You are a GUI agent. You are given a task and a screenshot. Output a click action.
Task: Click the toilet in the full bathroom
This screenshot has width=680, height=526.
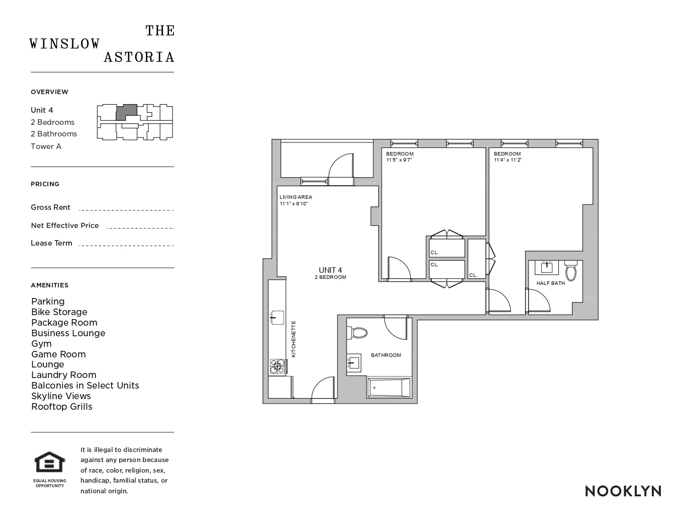tap(359, 332)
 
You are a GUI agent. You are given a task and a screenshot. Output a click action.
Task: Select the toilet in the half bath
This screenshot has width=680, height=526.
tap(571, 271)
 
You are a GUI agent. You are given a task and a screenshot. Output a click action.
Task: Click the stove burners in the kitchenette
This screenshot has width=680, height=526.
tap(277, 366)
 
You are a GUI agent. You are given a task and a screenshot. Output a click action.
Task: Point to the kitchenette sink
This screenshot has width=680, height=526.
tap(277, 318)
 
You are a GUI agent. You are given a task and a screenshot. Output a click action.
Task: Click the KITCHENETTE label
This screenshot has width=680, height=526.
tap(294, 339)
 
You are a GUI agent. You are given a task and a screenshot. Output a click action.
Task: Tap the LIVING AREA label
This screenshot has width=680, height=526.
tap(296, 197)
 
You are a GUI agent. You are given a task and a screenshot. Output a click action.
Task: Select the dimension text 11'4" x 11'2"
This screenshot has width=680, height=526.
tap(507, 160)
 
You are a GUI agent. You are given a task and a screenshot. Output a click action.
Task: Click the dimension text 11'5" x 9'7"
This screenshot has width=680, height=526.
tap(399, 160)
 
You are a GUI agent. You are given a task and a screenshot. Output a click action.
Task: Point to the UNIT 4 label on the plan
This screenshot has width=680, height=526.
tap(330, 270)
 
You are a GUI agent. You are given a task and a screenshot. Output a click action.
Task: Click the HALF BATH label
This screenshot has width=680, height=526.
tap(550, 283)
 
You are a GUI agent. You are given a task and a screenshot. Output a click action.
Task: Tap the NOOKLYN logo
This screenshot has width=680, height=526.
tap(623, 491)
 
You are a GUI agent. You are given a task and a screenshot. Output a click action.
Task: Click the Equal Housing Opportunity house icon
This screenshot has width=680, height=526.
tap(50, 463)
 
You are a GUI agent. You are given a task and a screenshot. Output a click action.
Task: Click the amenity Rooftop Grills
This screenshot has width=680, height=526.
tap(62, 407)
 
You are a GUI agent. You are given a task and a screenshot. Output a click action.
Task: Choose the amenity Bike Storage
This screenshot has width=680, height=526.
tap(59, 312)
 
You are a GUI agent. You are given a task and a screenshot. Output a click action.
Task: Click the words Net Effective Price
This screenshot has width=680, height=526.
tap(65, 226)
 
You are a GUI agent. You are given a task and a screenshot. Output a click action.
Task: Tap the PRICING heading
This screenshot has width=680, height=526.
tap(45, 184)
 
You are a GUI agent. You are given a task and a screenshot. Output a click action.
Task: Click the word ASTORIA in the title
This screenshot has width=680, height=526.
tap(139, 57)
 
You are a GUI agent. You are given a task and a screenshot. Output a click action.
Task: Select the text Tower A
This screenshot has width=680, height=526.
tap(46, 146)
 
